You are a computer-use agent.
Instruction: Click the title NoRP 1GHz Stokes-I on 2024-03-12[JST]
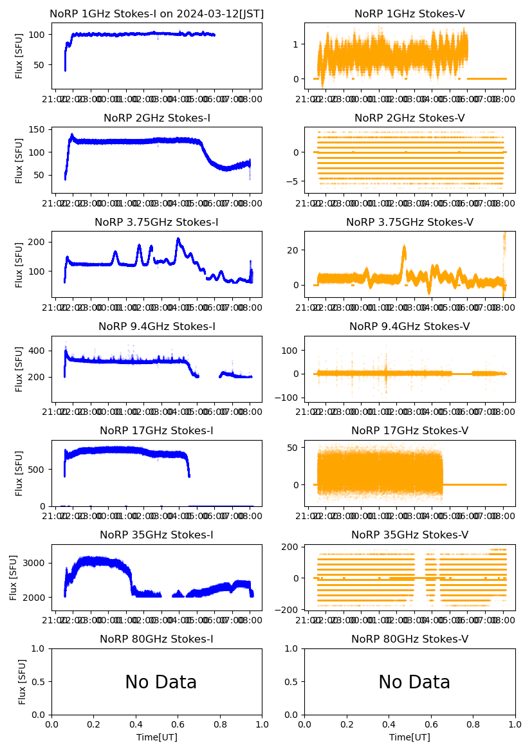point(157,14)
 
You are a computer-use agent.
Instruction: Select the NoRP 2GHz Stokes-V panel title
point(410,118)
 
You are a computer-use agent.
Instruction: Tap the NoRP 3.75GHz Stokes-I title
point(157,222)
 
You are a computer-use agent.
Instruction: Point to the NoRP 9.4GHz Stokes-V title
point(410,326)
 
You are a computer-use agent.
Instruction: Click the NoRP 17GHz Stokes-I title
point(157,430)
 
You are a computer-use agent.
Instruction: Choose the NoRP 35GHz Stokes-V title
point(410,535)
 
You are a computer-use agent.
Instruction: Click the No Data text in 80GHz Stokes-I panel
point(161,682)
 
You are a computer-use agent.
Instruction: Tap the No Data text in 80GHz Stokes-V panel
point(414,682)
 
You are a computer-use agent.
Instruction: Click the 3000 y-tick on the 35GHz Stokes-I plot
point(34,563)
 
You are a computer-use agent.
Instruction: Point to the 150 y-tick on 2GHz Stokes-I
point(39,130)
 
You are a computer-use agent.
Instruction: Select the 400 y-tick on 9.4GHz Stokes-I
point(39,351)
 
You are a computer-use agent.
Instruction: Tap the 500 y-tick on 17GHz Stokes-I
point(39,469)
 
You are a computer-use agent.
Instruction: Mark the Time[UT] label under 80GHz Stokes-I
point(157,737)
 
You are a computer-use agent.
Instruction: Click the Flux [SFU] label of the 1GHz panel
point(19,55)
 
